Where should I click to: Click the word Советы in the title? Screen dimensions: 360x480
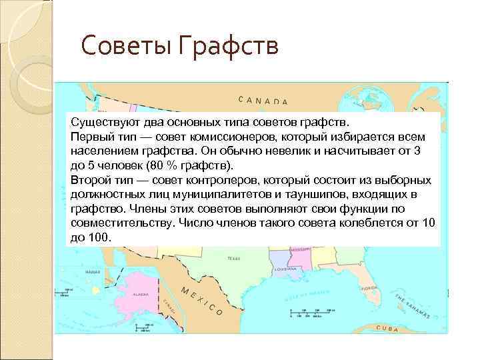tap(118, 47)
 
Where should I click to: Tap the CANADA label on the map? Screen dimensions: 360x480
tap(263, 101)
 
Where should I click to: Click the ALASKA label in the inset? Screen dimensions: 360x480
tap(140, 294)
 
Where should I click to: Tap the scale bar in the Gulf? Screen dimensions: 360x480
tap(307, 311)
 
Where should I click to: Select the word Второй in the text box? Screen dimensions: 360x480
tap(91, 180)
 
